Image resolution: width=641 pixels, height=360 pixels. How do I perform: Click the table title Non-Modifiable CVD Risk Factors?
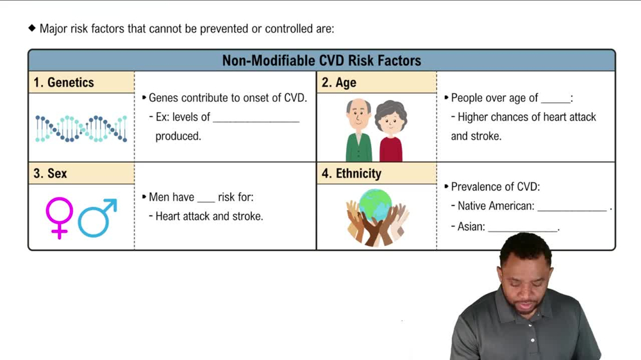[321, 61]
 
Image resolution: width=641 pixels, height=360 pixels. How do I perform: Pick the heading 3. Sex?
[50, 174]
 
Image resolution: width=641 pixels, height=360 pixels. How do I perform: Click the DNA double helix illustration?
[81, 129]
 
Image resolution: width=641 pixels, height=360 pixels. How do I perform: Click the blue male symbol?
[97, 218]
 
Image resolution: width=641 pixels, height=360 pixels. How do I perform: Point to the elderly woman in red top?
[390, 131]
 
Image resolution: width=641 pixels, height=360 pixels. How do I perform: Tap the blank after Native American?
[572, 207]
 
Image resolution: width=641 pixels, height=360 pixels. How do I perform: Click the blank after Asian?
[522, 227]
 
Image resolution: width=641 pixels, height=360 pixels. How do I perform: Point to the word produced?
[178, 136]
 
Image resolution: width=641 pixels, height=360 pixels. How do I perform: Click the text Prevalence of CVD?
[495, 187]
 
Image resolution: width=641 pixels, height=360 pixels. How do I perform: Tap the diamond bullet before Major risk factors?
[31, 28]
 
